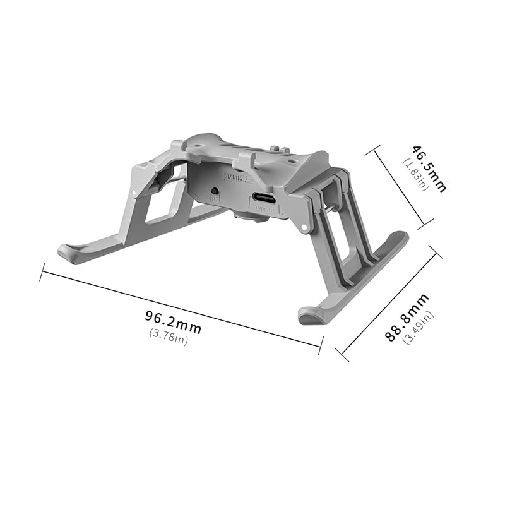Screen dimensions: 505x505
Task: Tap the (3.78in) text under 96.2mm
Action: [x=169, y=336]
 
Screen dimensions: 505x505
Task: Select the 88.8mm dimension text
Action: [x=407, y=318]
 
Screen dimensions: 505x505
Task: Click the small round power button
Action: [x=216, y=191]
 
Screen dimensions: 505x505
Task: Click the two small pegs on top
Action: [x=275, y=150]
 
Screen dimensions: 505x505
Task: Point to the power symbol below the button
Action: [x=213, y=200]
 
